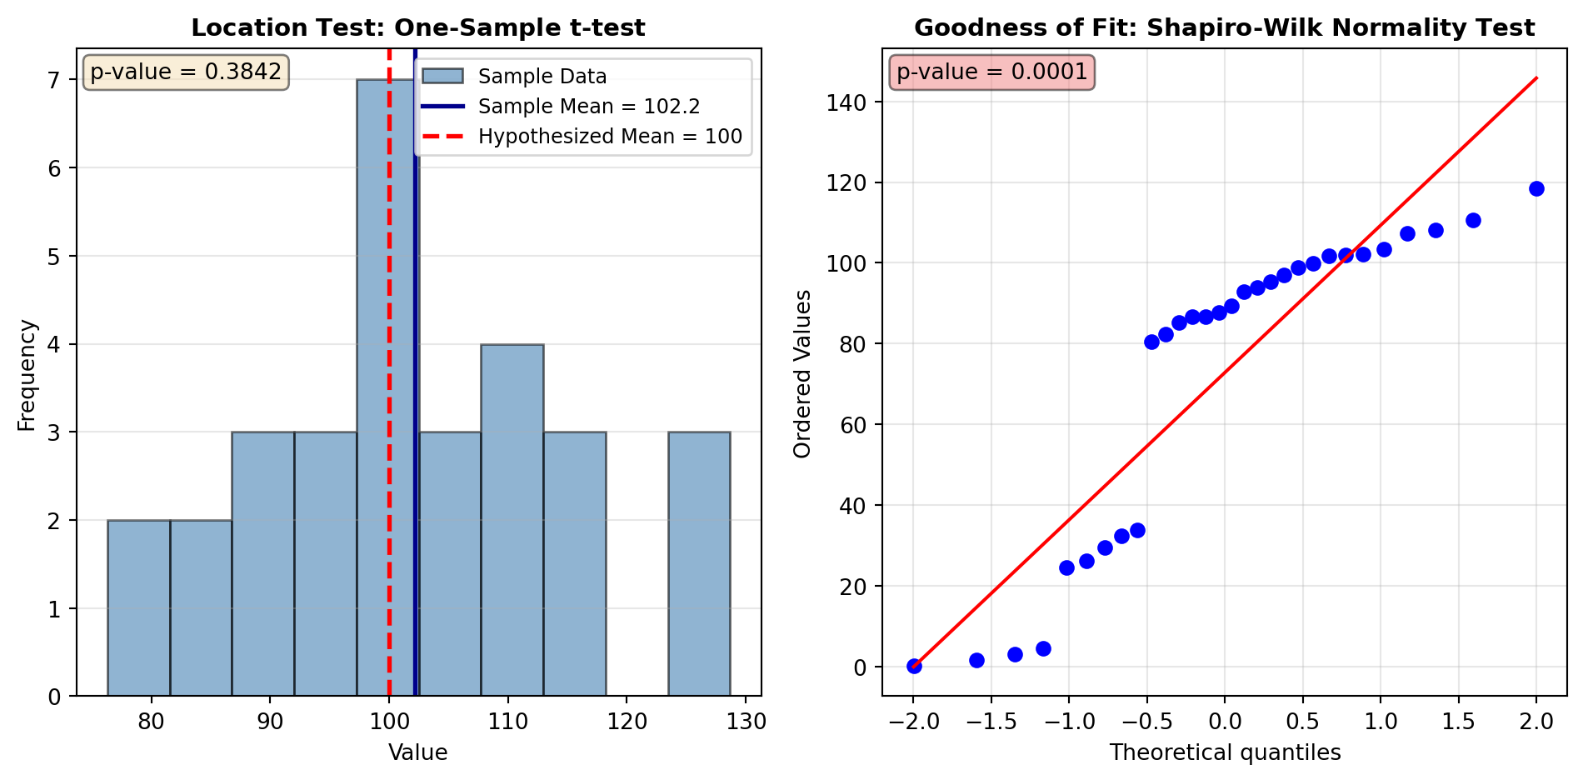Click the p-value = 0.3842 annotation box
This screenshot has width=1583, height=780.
click(x=186, y=72)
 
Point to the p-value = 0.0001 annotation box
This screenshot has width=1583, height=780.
click(x=992, y=72)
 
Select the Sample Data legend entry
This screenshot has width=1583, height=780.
click(x=542, y=77)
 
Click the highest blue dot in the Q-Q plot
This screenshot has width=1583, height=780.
click(x=1536, y=188)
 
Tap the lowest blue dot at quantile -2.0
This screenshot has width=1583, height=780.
click(x=914, y=666)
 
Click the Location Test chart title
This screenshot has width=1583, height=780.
click(x=418, y=27)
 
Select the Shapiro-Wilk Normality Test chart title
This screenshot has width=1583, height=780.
click(x=1224, y=27)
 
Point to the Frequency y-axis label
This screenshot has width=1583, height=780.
click(x=27, y=375)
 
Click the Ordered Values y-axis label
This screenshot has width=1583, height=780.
click(x=802, y=374)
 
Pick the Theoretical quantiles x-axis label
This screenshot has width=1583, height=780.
click(x=1225, y=753)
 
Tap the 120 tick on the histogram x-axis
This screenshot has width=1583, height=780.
click(x=627, y=722)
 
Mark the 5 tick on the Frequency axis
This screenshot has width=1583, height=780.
click(x=54, y=256)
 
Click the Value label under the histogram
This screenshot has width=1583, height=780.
click(x=418, y=753)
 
